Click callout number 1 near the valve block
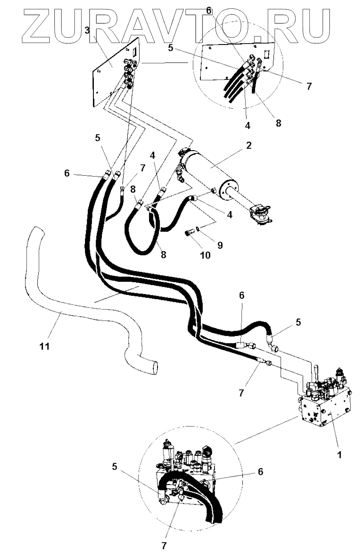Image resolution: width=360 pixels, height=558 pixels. point(339,454)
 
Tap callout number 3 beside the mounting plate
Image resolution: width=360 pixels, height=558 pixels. point(87,31)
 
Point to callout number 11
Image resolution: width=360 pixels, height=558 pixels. point(45,346)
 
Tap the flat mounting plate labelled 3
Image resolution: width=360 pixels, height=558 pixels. point(108,76)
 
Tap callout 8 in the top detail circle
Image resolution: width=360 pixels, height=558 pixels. point(278,123)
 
